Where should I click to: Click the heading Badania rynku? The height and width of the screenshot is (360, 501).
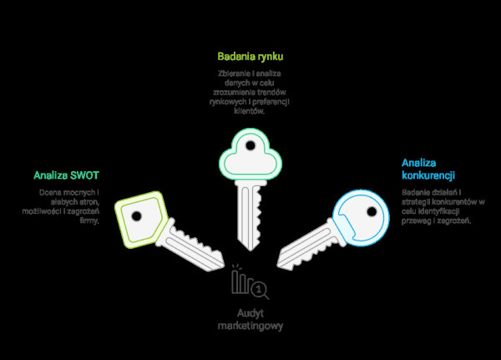250,57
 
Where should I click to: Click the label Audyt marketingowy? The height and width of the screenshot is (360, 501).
250,319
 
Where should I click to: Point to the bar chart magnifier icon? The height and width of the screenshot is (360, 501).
250,284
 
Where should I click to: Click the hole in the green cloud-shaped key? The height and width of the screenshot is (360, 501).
250,146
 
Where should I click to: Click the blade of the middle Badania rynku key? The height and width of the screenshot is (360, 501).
250,213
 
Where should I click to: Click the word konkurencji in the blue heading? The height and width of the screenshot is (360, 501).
428,175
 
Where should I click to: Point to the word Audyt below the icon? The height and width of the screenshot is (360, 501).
250,313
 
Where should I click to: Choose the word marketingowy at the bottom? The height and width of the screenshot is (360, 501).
250,326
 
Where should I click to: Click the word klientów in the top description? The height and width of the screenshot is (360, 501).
250,110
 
